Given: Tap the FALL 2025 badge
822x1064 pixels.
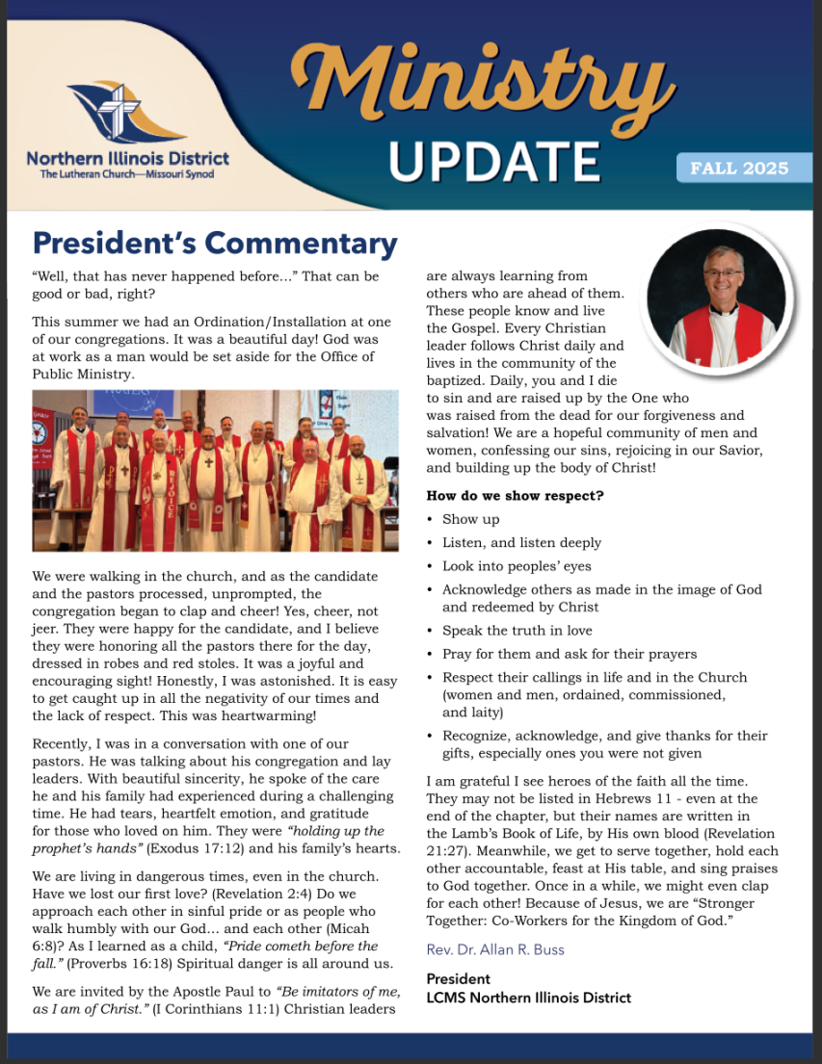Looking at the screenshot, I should click(x=739, y=169).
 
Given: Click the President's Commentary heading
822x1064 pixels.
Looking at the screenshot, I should click(x=215, y=244).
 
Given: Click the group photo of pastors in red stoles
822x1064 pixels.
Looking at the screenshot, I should click(x=215, y=470).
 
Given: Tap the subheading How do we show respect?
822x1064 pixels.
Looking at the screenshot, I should click(x=516, y=496).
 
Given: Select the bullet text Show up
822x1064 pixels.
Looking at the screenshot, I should click(x=471, y=519).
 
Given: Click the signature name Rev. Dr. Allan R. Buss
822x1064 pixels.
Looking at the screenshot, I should click(x=495, y=949).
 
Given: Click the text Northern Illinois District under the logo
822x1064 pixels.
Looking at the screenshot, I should click(x=128, y=159).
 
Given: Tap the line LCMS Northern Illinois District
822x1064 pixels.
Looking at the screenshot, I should click(x=528, y=998).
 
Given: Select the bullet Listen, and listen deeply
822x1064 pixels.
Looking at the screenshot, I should click(x=521, y=543).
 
